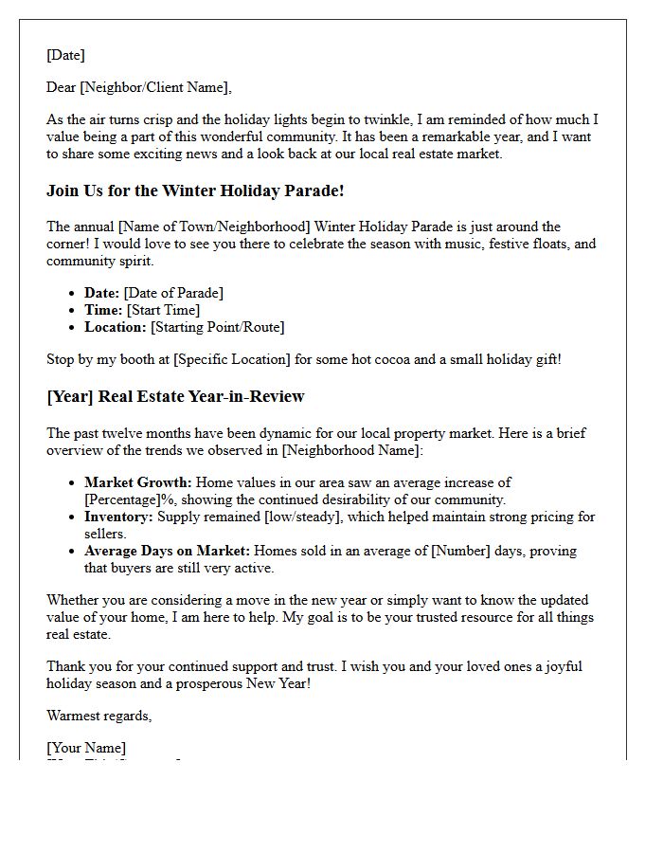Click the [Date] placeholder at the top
point(65,56)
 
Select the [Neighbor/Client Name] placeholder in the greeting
point(155,88)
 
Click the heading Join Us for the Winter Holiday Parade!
point(195,191)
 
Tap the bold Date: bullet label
point(102,293)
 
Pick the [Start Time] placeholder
point(163,310)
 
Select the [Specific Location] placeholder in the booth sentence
point(231,359)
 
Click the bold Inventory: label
point(118,517)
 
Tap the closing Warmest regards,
point(99,716)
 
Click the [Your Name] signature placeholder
point(86,748)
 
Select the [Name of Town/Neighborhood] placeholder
point(209,227)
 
